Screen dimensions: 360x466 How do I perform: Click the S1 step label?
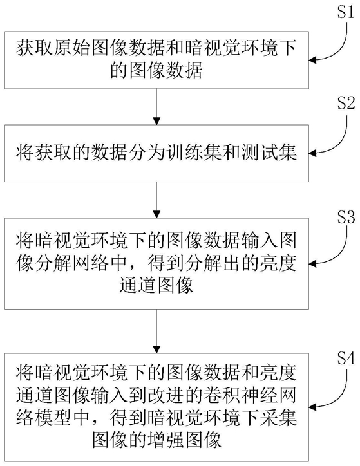tap(346, 12)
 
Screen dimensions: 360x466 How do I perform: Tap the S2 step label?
tap(346, 103)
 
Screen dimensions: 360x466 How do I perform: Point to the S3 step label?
tap(346, 218)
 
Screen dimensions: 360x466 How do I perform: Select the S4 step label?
tap(346, 359)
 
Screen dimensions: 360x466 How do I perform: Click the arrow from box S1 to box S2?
tap(156, 107)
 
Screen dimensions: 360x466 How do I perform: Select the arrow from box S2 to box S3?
tap(156, 200)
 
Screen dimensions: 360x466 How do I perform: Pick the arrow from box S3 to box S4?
tap(156, 331)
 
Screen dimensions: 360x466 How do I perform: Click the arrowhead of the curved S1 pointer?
tap(312, 61)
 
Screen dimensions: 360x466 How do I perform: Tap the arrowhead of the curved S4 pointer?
tap(312, 407)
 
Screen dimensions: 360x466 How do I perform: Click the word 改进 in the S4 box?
tap(166, 395)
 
